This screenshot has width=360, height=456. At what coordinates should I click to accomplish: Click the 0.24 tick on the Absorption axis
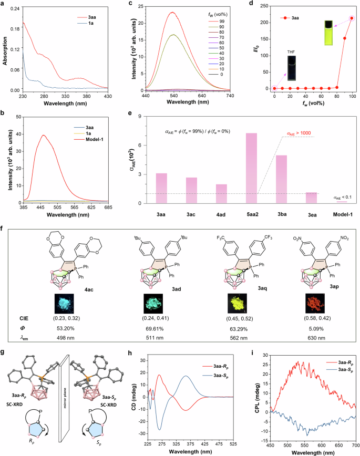[16, 9]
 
